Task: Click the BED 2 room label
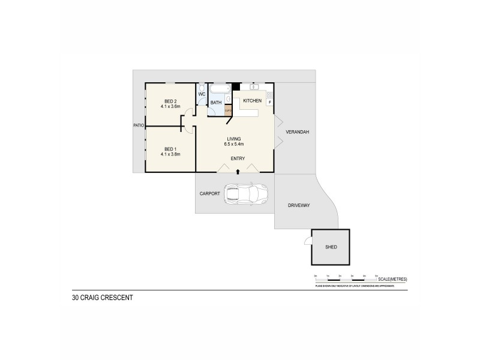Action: coord(170,101)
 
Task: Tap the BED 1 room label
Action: coord(170,149)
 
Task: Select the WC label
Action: coord(202,94)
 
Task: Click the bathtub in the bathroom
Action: coord(220,90)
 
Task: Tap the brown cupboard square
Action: coord(228,110)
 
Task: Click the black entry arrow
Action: coord(238,172)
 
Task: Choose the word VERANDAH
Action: coord(297,132)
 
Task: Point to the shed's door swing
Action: coord(307,241)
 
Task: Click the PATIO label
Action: coord(139,125)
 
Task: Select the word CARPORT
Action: coord(210,194)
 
